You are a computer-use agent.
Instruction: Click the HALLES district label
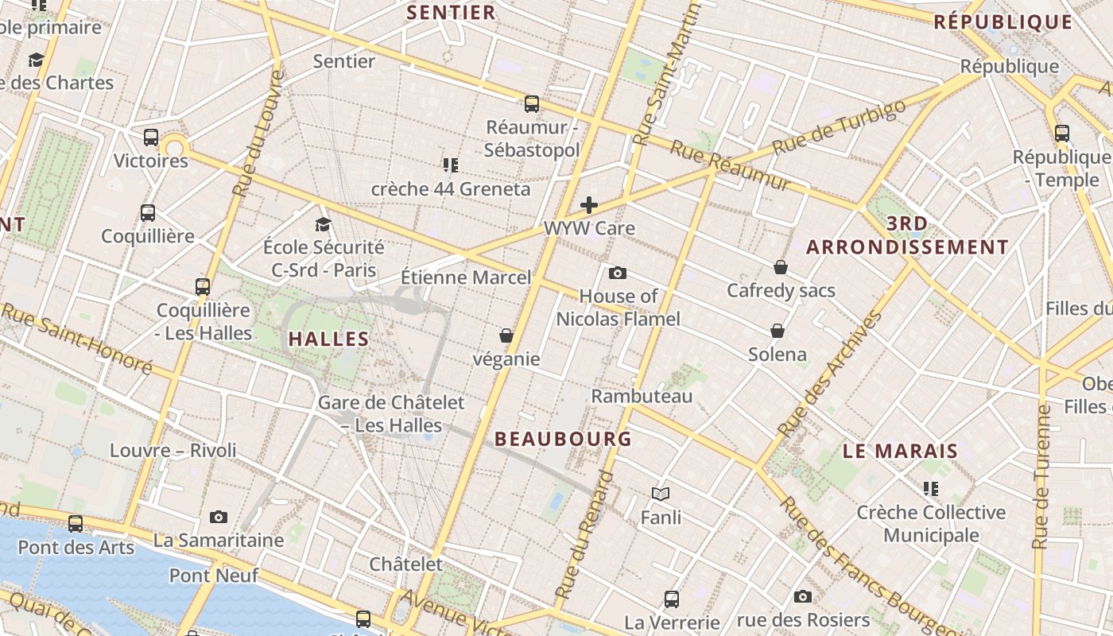tap(328, 339)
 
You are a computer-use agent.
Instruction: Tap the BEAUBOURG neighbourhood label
tap(563, 439)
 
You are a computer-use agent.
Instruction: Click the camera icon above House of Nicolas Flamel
tap(618, 273)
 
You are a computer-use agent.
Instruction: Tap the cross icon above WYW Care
tap(588, 205)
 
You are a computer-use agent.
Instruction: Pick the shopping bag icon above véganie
tap(506, 336)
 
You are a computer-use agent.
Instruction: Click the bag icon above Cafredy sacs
tap(781, 267)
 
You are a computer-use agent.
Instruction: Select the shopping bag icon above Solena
tap(778, 331)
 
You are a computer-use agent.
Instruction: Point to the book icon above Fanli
tap(661, 494)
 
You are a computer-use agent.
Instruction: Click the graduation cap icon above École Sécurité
tap(323, 224)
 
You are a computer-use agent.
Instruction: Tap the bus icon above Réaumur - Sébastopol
tap(532, 103)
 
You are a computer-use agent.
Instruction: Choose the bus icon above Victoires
tap(151, 138)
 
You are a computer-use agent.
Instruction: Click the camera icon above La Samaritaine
tap(219, 518)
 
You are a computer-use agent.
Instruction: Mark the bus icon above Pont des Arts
tap(76, 524)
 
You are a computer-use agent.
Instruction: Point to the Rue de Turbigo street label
tap(839, 128)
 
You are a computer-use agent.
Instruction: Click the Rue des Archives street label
tap(831, 373)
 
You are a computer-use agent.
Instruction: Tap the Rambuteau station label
tap(642, 396)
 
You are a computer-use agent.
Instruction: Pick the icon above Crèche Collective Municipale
tap(931, 488)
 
